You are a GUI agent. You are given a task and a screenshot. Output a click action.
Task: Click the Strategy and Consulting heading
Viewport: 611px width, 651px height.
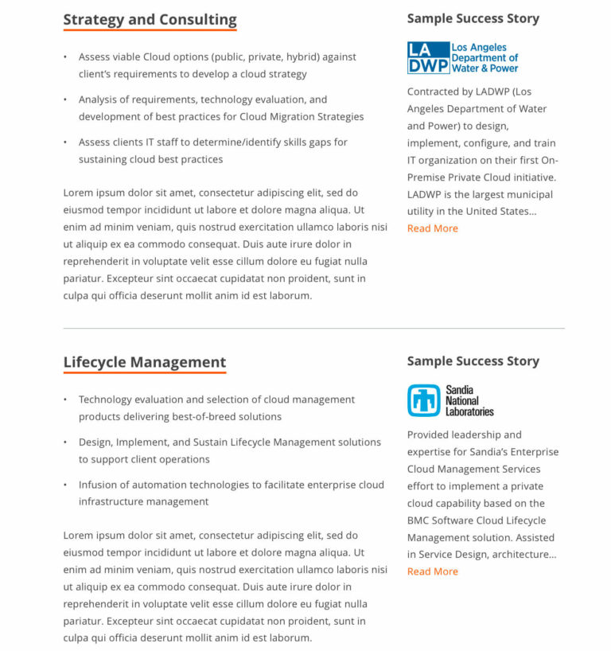pyautogui.click(x=150, y=20)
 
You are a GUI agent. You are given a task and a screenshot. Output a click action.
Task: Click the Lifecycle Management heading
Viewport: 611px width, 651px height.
pyautogui.click(x=145, y=362)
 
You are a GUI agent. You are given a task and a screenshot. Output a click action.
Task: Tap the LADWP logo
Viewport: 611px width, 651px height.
pyautogui.click(x=462, y=58)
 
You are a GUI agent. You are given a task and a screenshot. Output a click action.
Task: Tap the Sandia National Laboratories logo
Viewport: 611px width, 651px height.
pyautogui.click(x=450, y=400)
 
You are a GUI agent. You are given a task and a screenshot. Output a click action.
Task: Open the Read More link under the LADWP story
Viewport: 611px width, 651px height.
pyautogui.click(x=433, y=228)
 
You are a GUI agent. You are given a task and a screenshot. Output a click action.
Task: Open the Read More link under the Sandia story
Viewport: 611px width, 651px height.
pyautogui.click(x=433, y=571)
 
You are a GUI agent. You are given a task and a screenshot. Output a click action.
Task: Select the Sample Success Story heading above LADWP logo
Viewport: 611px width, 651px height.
pyautogui.click(x=473, y=18)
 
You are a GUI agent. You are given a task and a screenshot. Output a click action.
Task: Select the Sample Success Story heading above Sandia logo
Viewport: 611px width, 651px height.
pyautogui.click(x=473, y=361)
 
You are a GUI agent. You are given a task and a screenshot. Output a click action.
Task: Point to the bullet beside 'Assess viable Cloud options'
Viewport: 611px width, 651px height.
pyautogui.click(x=65, y=57)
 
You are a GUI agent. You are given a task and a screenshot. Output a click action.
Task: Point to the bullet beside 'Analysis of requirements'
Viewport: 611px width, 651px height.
pyautogui.click(x=65, y=100)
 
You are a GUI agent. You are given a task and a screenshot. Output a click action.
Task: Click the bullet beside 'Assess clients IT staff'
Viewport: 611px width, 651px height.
pyautogui.click(x=65, y=142)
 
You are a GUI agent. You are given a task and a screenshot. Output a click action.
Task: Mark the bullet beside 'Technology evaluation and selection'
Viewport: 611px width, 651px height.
pyautogui.click(x=65, y=400)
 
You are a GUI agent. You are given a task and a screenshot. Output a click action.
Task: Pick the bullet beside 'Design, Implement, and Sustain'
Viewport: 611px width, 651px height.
pyautogui.click(x=65, y=442)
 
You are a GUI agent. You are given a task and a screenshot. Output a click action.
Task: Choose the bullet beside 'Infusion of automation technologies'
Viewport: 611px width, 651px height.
pyautogui.click(x=65, y=485)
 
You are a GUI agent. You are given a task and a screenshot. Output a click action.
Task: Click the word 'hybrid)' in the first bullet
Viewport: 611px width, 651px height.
pyautogui.click(x=302, y=57)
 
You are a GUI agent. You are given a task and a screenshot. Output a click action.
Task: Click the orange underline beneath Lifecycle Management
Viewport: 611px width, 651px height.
pyautogui.click(x=145, y=372)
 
